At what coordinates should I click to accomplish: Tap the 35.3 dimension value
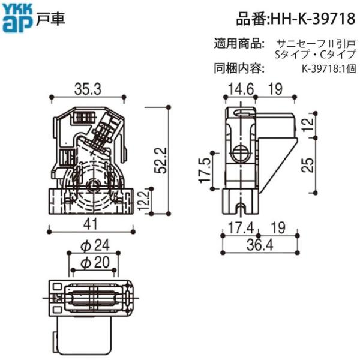click(x=88, y=89)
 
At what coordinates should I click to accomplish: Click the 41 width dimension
click(x=91, y=224)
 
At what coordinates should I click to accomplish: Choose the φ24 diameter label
click(x=95, y=245)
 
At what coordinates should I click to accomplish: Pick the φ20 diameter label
click(x=95, y=262)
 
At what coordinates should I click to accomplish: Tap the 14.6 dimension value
click(x=241, y=89)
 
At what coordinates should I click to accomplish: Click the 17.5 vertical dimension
click(x=205, y=170)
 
